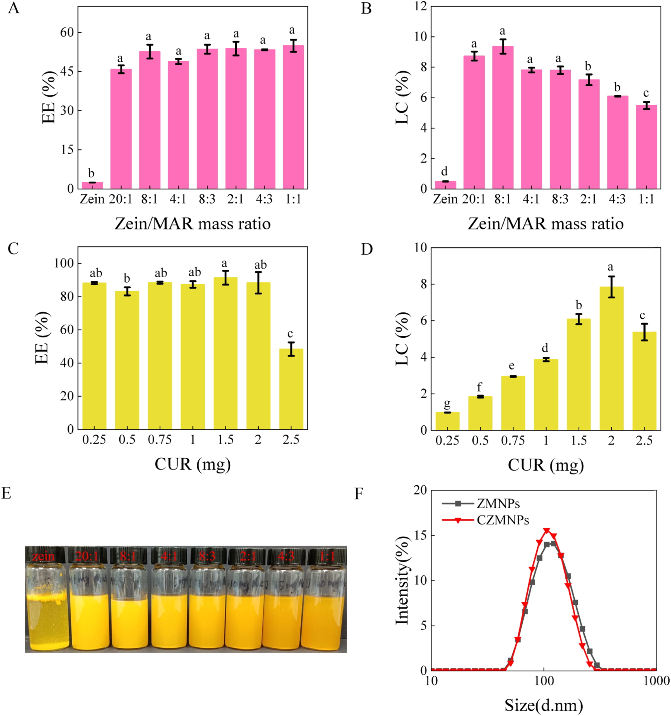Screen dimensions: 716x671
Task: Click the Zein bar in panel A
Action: coord(92,185)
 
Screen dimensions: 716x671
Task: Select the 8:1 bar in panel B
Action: coord(502,117)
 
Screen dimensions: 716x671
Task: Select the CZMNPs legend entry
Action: coord(502,520)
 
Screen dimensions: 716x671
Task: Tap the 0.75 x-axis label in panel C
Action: coord(160,440)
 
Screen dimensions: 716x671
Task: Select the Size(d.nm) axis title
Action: coord(544,705)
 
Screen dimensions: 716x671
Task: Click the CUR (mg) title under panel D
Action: coord(545,465)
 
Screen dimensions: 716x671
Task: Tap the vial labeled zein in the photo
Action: coord(47,608)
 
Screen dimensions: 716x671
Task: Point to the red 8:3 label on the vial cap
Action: coord(207,556)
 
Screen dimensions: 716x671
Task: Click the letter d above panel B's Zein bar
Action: coord(444,172)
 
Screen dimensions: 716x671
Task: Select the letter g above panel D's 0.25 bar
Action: coord(447,403)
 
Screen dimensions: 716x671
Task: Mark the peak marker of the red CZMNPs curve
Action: coord(547,531)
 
